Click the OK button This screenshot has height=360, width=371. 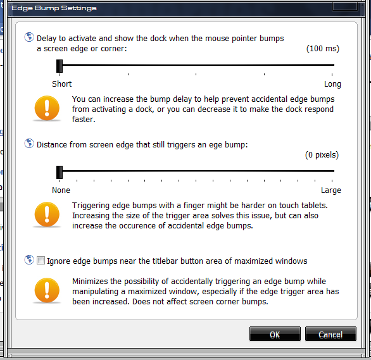pos(275,334)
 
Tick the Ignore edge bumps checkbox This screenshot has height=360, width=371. pos(41,261)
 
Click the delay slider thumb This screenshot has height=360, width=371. pos(60,66)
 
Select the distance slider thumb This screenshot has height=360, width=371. pos(60,172)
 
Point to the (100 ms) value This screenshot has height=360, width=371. pos(323,49)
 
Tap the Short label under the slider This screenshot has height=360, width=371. pos(62,84)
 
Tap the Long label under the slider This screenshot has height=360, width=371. pos(332,84)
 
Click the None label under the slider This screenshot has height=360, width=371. pos(61,190)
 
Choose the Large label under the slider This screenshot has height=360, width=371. pos(330,190)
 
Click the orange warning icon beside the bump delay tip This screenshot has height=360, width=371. pos(47,108)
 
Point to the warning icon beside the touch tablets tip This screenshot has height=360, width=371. pos(47,214)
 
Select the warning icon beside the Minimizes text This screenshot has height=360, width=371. pos(47,290)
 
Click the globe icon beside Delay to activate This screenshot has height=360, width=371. pos(29,37)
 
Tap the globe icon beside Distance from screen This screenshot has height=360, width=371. pos(29,143)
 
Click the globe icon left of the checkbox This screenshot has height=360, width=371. pos(29,260)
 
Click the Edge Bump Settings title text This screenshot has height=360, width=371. pos(54,8)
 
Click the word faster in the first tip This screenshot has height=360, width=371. pos(84,120)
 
